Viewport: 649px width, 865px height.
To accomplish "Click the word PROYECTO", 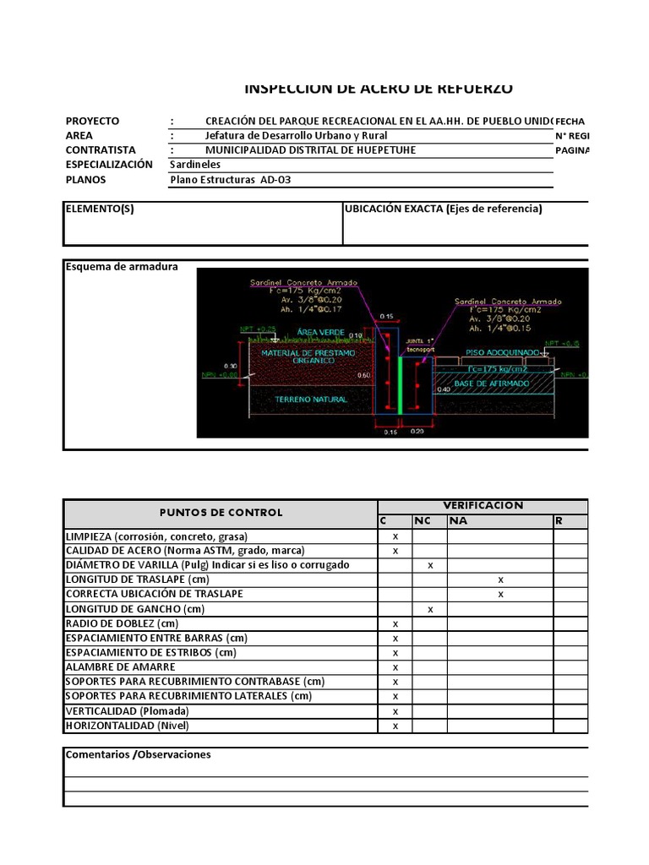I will [x=92, y=121].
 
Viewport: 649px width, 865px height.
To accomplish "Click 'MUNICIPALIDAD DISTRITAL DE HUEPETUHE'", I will [x=310, y=150].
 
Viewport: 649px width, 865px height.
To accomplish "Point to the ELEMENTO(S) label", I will [x=100, y=209].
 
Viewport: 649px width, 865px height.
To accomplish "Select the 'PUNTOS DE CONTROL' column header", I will [x=221, y=513].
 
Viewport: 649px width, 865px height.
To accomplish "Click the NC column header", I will [x=422, y=521].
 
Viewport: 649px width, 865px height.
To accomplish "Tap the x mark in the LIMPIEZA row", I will [x=395, y=536].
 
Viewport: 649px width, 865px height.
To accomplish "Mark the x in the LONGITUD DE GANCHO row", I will [x=431, y=609].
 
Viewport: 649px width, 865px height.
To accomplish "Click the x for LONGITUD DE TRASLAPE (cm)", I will [x=500, y=579].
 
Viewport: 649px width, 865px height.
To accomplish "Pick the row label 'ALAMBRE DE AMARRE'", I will [x=109, y=666].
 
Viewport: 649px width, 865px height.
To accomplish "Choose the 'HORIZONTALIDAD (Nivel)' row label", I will [x=128, y=726].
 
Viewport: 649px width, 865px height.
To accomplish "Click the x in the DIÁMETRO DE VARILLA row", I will [x=431, y=565].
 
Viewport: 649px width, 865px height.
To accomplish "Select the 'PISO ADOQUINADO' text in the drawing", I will [x=502, y=351].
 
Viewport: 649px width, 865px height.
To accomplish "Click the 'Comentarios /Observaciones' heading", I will [x=139, y=754].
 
